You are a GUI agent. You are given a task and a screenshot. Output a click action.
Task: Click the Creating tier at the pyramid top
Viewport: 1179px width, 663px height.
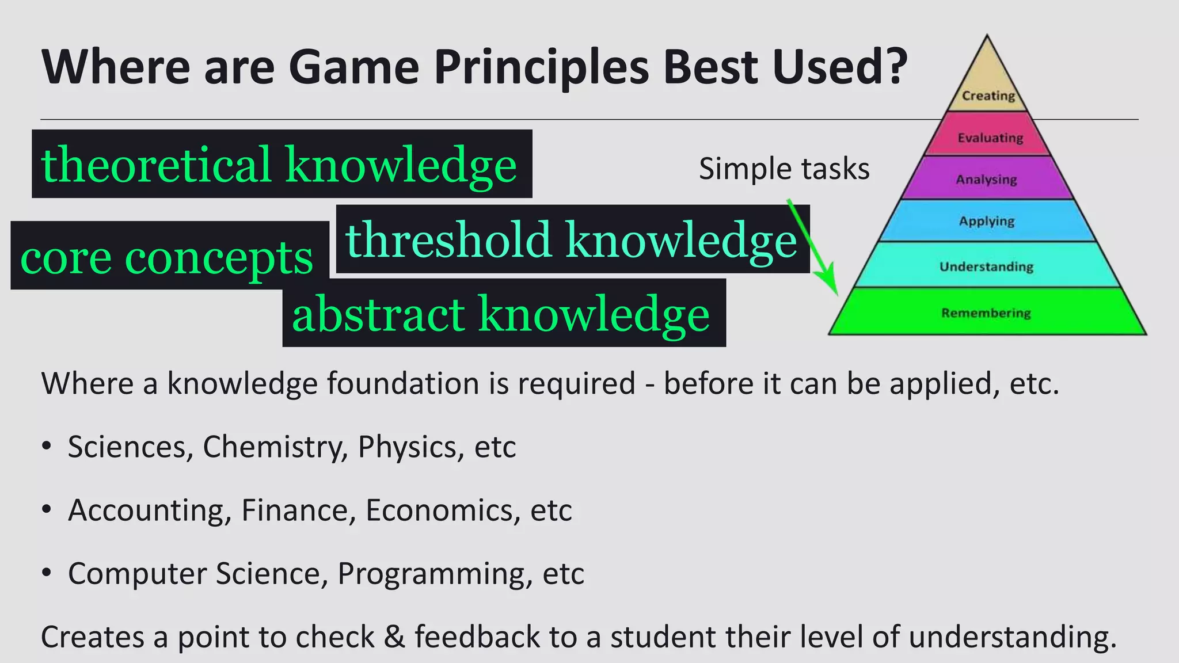pyautogui.click(x=987, y=86)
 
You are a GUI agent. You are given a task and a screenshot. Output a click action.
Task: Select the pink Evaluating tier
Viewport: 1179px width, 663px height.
pyautogui.click(x=990, y=136)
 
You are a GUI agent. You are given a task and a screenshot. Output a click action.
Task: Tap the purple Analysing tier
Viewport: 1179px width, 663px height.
pyautogui.click(x=987, y=179)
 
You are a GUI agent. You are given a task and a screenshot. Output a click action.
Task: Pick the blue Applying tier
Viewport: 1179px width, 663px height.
pyautogui.click(x=987, y=221)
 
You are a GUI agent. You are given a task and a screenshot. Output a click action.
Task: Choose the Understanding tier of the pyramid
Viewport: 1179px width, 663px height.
pyautogui.click(x=987, y=266)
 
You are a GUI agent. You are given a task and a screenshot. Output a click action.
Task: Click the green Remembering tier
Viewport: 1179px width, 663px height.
pyautogui.click(x=987, y=313)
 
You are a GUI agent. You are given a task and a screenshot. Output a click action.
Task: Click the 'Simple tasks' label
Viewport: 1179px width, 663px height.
pyautogui.click(x=784, y=169)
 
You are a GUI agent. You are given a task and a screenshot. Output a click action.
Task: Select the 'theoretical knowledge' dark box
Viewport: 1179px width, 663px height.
pyautogui.click(x=282, y=164)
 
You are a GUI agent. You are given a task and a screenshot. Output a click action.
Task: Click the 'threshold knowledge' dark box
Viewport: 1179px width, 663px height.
pyautogui.click(x=572, y=239)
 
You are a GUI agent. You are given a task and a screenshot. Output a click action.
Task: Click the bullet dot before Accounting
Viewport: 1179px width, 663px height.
pyautogui.click(x=47, y=509)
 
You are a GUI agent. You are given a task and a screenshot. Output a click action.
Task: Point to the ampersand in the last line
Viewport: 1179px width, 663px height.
pyautogui.click(x=394, y=637)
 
